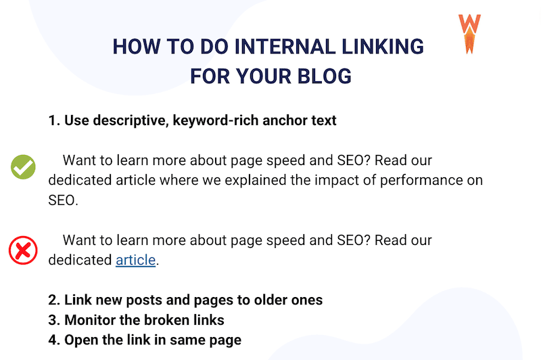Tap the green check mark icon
pos(23,167)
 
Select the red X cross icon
pos(23,251)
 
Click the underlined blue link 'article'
pos(135,259)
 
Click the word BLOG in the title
pos(326,76)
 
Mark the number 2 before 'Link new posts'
pos(53,300)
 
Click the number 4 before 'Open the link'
pos(53,339)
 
